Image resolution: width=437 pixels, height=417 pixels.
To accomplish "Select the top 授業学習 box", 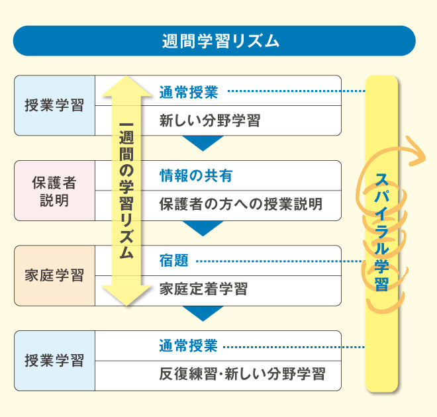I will tap(54, 105).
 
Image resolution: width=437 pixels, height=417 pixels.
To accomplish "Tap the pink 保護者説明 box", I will tap(54, 191).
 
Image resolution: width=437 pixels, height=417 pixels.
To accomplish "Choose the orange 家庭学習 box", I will tap(54, 275).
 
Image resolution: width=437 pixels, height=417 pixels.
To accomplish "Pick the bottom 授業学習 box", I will tap(54, 361).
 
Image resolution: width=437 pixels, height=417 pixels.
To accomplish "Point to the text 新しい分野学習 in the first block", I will tap(209, 121).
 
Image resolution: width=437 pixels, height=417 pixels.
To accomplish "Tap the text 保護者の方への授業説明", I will tap(240, 205).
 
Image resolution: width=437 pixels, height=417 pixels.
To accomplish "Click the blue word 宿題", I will tap(173, 261).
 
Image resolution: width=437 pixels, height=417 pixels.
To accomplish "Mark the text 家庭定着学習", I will tap(203, 289).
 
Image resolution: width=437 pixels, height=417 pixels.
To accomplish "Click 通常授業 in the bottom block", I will tap(188, 346).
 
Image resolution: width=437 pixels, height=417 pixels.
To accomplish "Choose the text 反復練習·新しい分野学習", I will tap(242, 374).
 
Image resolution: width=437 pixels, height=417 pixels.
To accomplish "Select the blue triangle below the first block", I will tap(203, 142).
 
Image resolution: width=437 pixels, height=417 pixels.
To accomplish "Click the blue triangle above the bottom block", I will tap(203, 312).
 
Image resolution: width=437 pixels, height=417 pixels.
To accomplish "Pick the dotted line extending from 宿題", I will tap(278, 261).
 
